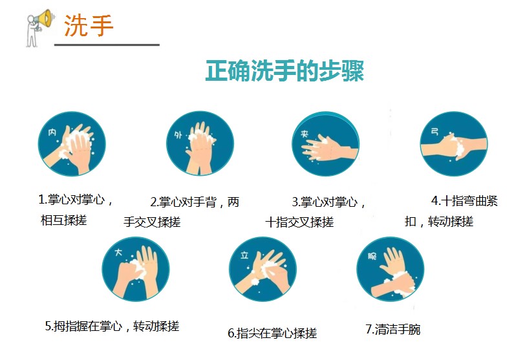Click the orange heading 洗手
[89, 26]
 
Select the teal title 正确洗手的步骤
[284, 71]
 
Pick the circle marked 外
[200, 144]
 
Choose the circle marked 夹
[327, 144]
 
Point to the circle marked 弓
[454, 144]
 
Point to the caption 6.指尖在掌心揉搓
[272, 334]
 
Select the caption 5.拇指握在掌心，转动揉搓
[112, 326]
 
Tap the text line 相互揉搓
[63, 220]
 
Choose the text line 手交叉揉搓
[152, 222]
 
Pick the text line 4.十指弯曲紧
[464, 200]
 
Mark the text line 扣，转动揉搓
[439, 222]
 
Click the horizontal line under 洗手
[107, 45]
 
